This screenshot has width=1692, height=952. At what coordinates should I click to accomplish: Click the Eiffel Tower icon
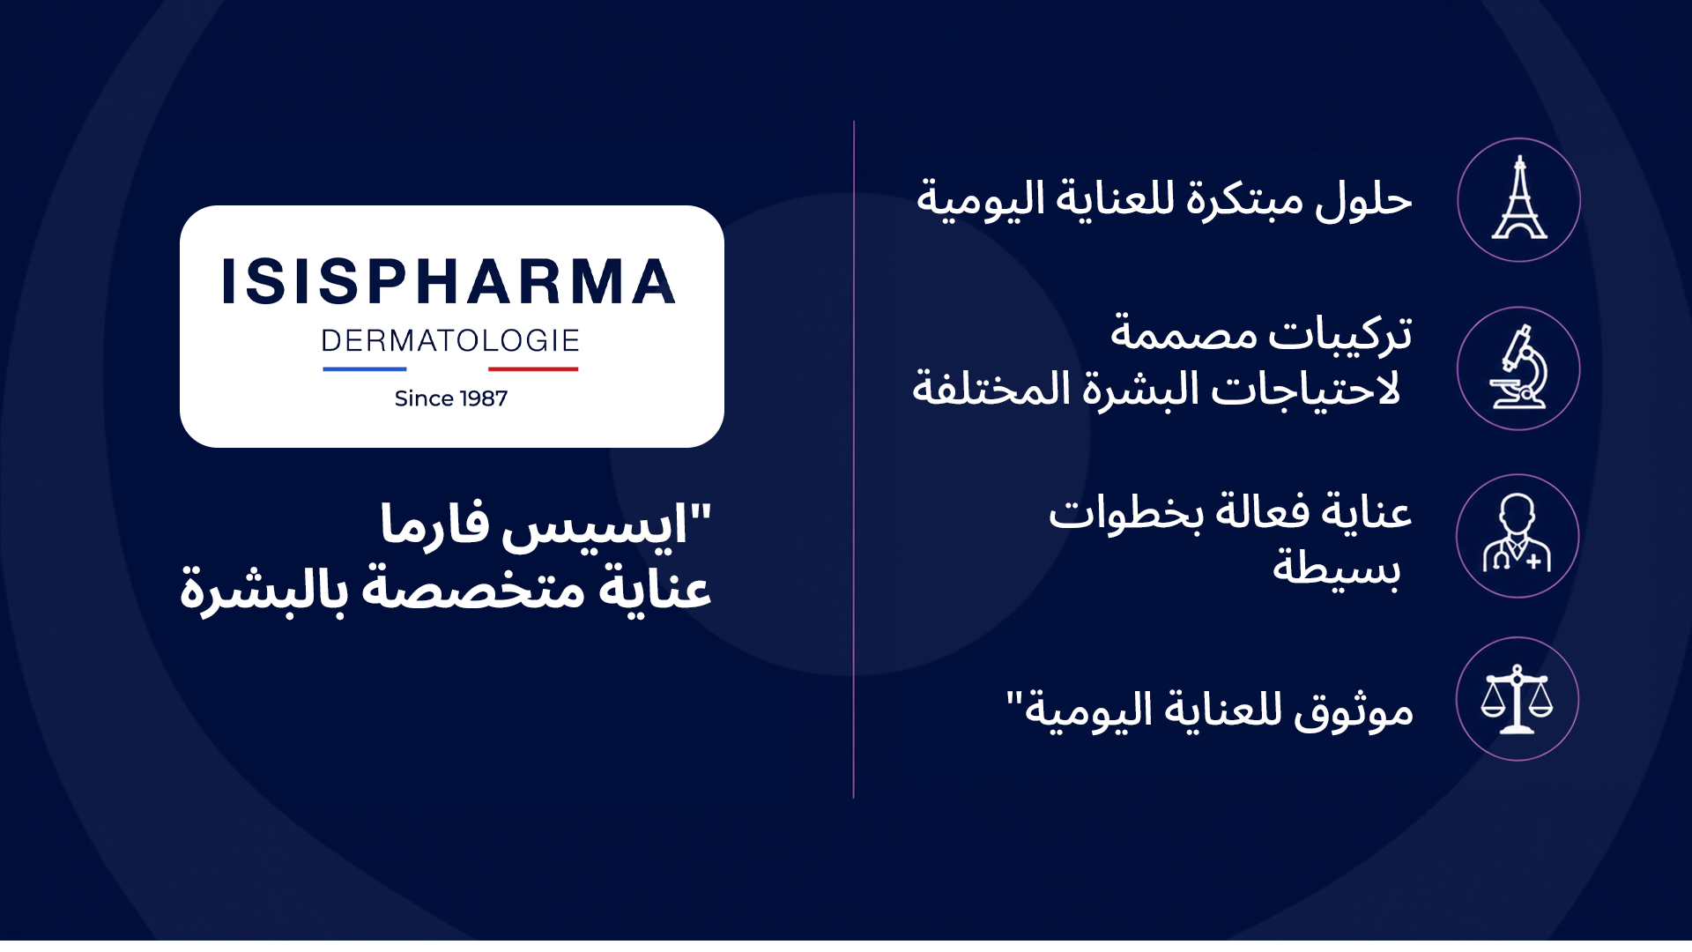pyautogui.click(x=1519, y=199)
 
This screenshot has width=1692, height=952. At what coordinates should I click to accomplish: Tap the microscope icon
pyautogui.click(x=1518, y=368)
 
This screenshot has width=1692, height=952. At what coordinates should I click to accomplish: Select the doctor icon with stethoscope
pyautogui.click(x=1517, y=533)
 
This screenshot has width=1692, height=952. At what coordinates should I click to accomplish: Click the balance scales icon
pyautogui.click(x=1517, y=700)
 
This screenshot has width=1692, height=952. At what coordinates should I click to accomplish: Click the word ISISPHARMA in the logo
pyautogui.click(x=449, y=282)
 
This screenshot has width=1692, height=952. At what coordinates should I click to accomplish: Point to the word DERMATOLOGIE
pyautogui.click(x=450, y=340)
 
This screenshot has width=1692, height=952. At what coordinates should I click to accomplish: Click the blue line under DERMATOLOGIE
pyautogui.click(x=365, y=368)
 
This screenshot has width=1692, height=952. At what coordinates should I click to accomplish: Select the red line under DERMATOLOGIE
pyautogui.click(x=533, y=368)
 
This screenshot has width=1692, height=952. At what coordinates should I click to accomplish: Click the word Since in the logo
pyautogui.click(x=424, y=398)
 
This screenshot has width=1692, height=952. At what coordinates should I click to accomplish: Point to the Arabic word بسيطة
pyautogui.click(x=1337, y=566)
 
